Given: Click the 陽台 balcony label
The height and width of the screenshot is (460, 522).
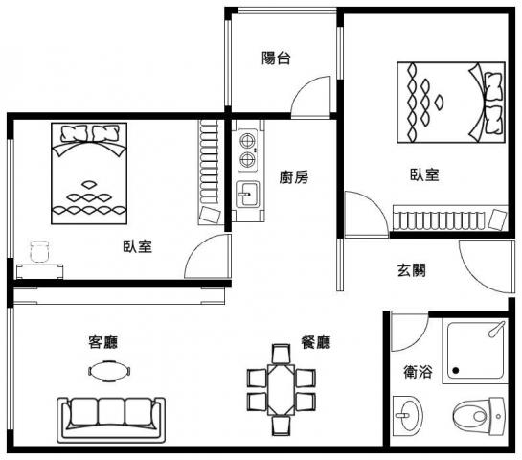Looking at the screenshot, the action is point(276,57).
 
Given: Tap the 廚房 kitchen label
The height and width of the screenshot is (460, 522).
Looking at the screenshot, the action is point(294,177).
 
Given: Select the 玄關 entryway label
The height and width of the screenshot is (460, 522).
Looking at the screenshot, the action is point(412,270).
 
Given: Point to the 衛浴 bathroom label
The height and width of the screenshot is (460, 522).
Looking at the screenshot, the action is point(418,372).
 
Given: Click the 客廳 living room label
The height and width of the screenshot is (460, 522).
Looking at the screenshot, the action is point(103,342).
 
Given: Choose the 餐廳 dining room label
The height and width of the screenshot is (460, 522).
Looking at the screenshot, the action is point(316,342).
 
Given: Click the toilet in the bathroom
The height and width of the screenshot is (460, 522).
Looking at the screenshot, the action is point(480,416).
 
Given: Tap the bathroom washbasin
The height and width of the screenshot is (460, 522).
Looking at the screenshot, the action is point(408,416).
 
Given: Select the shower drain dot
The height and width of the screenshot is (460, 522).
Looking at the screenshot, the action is point(456,371).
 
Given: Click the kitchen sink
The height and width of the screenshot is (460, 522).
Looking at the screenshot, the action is point(247,194).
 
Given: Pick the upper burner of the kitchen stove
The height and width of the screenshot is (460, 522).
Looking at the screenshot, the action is point(248,141).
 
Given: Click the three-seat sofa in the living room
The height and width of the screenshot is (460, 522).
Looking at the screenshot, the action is point(111,420).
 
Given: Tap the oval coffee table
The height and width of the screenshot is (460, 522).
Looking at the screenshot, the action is point(109,371).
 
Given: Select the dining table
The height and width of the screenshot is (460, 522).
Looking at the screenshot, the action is point(282,390).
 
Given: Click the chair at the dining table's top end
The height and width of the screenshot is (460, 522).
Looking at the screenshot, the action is point(282,354).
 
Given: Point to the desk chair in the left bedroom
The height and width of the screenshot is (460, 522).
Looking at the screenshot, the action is point(39,251).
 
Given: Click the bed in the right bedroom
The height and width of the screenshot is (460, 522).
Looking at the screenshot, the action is point(451,103).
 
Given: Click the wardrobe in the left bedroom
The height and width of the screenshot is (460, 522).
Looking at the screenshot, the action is point(210,172).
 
